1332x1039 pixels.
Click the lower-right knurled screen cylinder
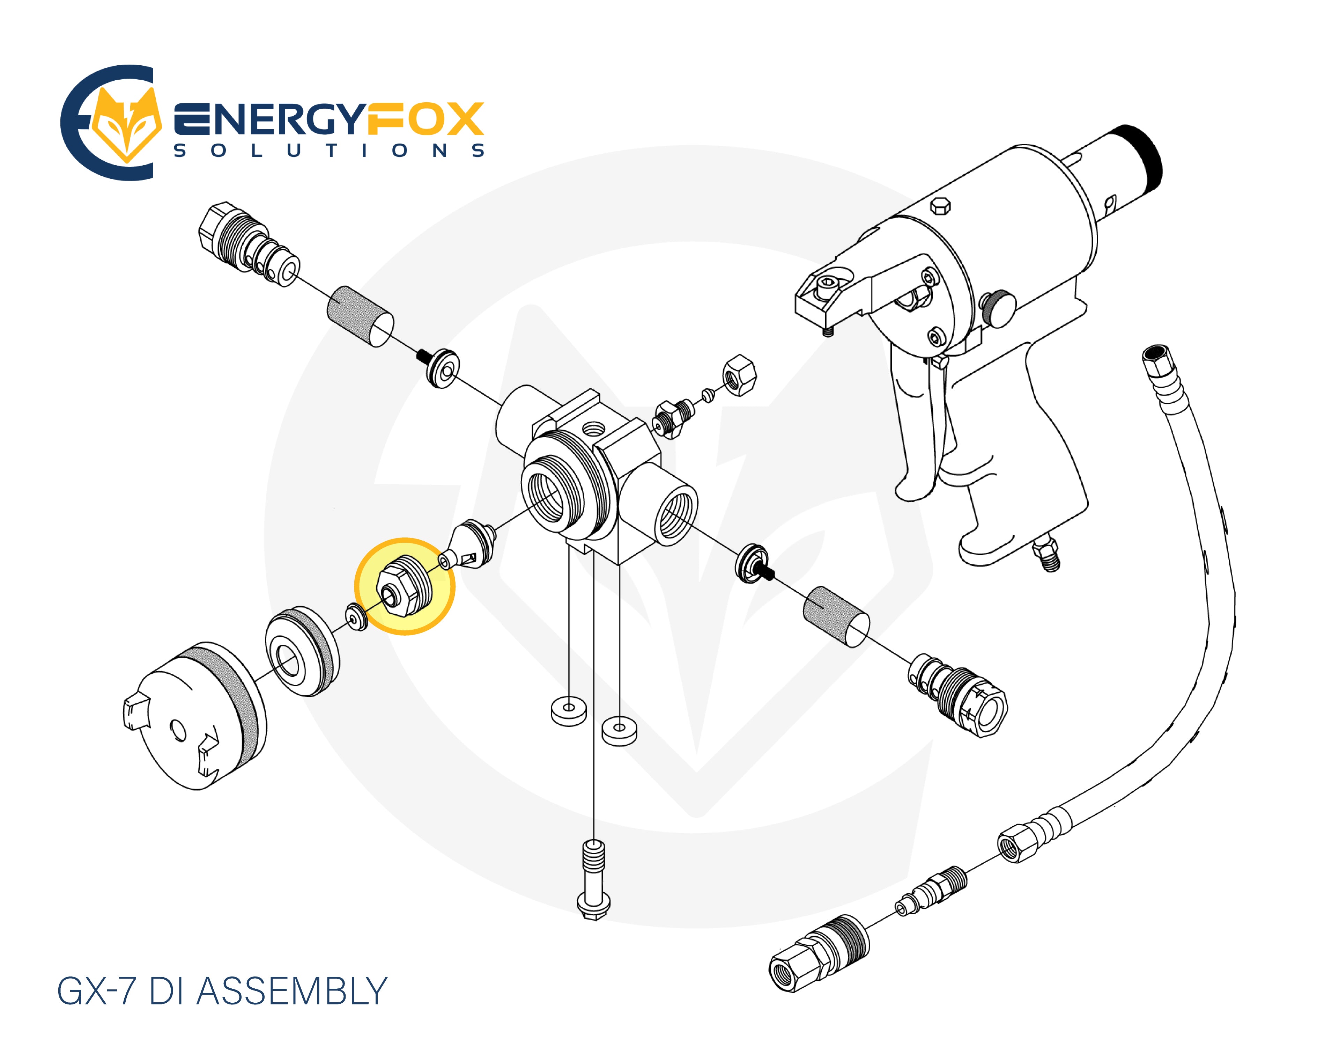pos(836,616)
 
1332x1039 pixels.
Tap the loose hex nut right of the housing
pos(739,375)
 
